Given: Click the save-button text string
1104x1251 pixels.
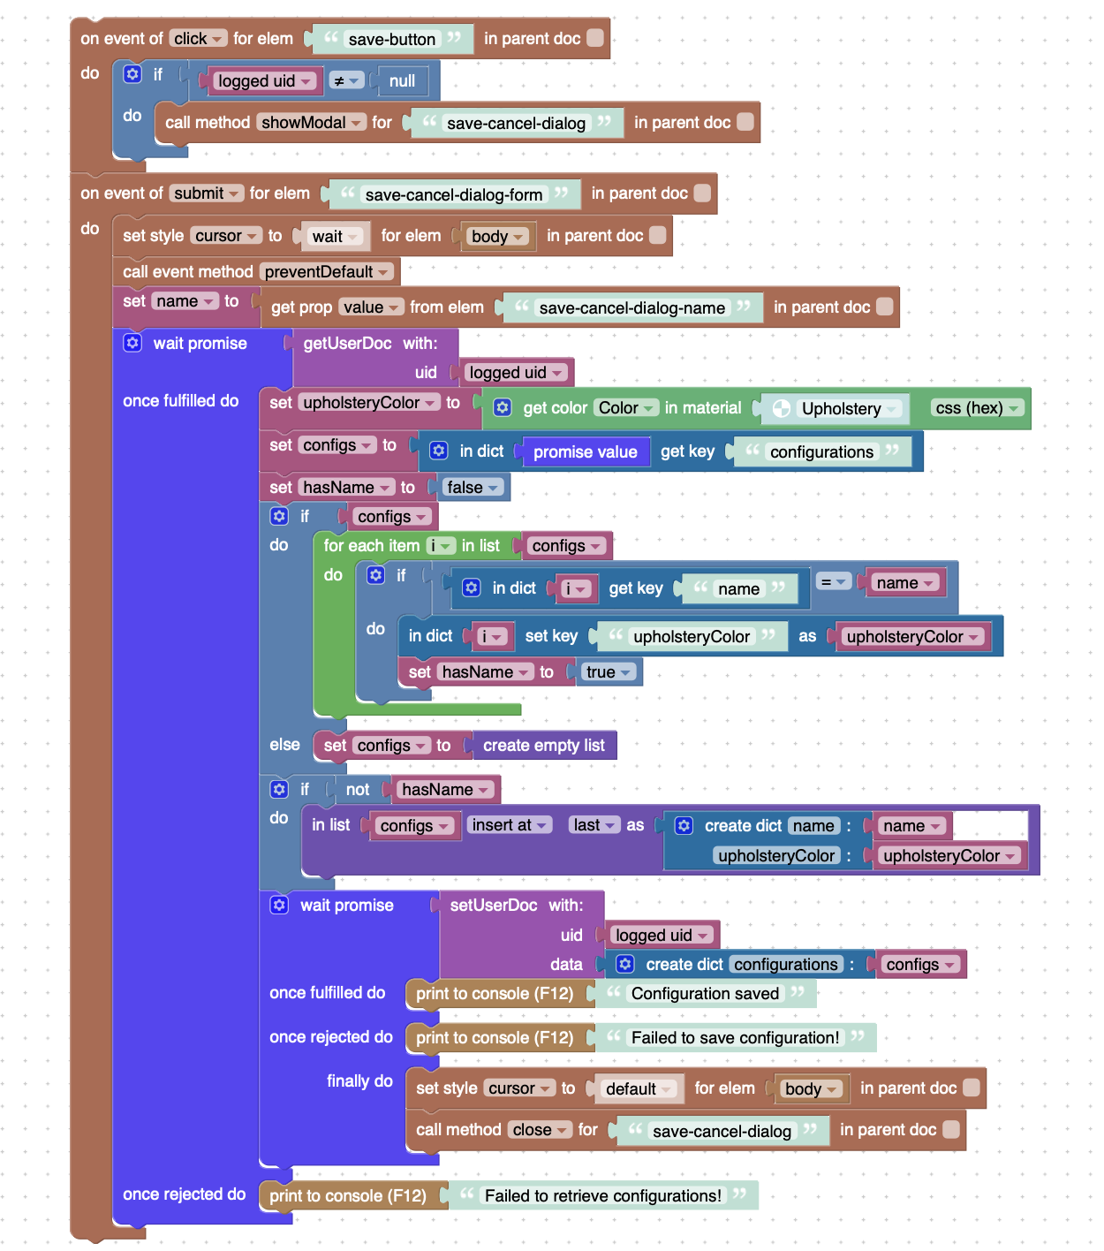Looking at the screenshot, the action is [391, 39].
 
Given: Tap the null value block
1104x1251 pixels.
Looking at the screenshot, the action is [402, 81].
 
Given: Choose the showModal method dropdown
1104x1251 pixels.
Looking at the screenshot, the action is [311, 122].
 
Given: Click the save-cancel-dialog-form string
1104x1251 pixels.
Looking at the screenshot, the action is [453, 194].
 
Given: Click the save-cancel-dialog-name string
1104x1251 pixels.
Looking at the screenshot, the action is [631, 307].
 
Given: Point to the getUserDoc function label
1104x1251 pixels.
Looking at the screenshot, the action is [347, 344].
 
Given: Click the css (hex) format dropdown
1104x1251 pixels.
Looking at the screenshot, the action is [976, 407].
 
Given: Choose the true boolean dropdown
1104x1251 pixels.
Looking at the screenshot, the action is [609, 671].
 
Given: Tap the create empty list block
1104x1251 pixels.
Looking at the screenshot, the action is [543, 746].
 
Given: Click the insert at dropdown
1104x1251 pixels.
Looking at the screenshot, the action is [509, 825].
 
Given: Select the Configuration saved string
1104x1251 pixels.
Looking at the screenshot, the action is [705, 994].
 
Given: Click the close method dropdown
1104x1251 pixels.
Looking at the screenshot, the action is [540, 1129].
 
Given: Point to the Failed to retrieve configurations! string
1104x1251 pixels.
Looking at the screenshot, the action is [602, 1195].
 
